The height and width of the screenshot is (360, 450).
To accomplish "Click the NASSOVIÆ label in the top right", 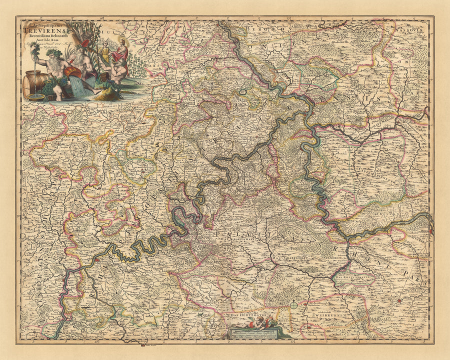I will [x=414, y=29].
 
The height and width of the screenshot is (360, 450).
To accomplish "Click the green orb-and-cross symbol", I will [x=294, y=304].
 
